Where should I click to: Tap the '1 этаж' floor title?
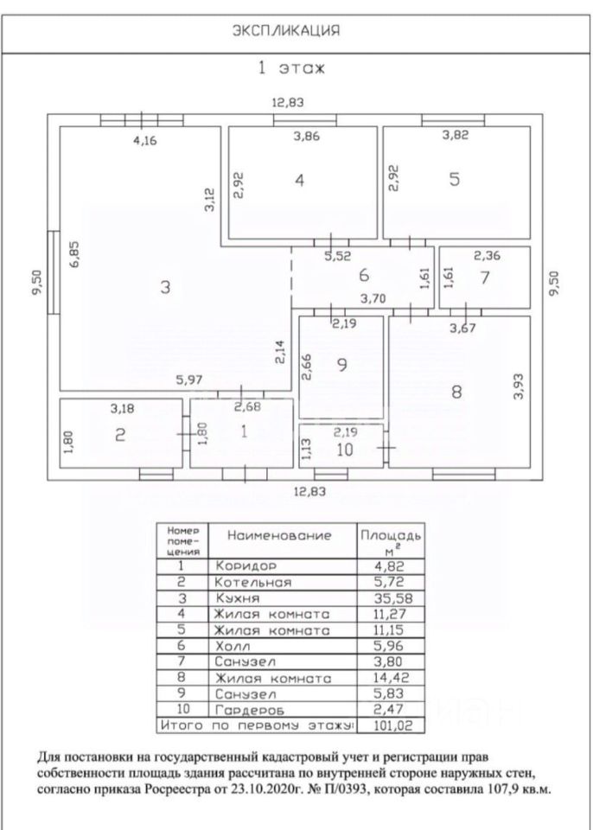(x=291, y=69)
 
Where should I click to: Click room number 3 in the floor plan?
(x=165, y=288)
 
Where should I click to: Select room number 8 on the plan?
(x=456, y=391)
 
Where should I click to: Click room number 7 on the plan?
(x=484, y=278)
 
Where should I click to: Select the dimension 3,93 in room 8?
(x=519, y=385)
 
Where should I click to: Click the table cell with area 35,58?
(x=385, y=597)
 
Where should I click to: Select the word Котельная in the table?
(x=256, y=582)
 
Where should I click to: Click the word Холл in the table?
(x=233, y=644)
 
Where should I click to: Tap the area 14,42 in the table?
(x=385, y=675)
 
